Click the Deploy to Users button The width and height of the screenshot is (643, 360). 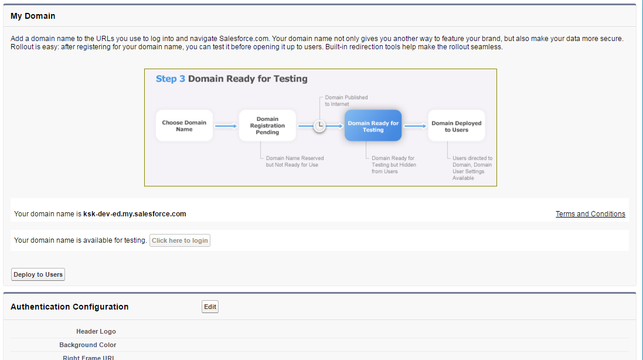pyautogui.click(x=38, y=274)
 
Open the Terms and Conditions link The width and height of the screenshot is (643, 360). pyautogui.click(x=590, y=214)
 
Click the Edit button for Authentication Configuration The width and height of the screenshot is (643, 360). pyautogui.click(x=210, y=307)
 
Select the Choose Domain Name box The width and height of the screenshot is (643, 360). pyautogui.click(x=184, y=125)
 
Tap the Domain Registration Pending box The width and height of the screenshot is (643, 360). pyautogui.click(x=267, y=125)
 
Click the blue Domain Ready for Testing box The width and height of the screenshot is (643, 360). pyautogui.click(x=373, y=125)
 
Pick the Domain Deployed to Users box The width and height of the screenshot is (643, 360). pyautogui.click(x=456, y=125)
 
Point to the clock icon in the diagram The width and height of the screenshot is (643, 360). pyautogui.click(x=319, y=125)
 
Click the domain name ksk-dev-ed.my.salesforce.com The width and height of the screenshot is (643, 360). pyautogui.click(x=135, y=214)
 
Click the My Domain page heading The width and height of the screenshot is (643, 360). pyautogui.click(x=33, y=16)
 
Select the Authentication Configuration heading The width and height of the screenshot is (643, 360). pyautogui.click(x=69, y=307)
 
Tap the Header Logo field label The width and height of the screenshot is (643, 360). pyautogui.click(x=96, y=331)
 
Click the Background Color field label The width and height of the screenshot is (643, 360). pyautogui.click(x=88, y=345)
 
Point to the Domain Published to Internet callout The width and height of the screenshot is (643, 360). pyautogui.click(x=346, y=100)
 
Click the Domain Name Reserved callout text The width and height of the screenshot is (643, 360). pyautogui.click(x=295, y=161)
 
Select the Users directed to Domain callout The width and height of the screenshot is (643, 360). pyautogui.click(x=472, y=168)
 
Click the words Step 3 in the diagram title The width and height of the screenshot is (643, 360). pyautogui.click(x=170, y=79)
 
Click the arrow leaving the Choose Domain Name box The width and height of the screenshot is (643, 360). pyautogui.click(x=226, y=125)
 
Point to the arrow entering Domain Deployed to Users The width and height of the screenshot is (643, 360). pyautogui.click(x=415, y=125)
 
